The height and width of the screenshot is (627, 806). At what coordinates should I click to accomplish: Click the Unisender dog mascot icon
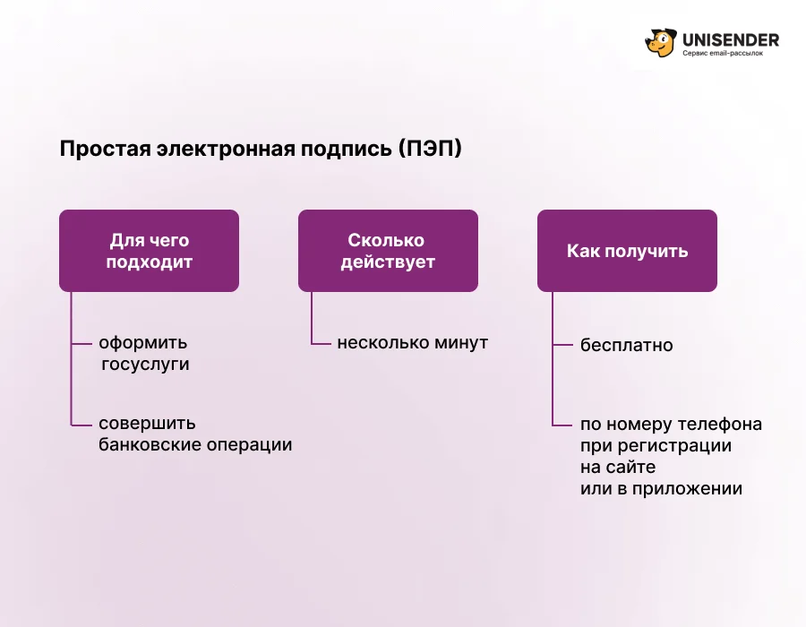click(661, 43)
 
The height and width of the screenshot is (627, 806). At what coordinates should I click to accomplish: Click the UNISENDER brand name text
click(731, 39)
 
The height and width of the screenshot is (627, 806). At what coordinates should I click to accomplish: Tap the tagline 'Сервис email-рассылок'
click(723, 53)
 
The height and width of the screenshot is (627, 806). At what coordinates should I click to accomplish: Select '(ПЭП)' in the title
click(430, 149)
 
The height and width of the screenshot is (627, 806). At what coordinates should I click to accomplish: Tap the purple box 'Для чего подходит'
click(149, 251)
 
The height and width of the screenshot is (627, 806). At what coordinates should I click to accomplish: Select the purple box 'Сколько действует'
click(388, 251)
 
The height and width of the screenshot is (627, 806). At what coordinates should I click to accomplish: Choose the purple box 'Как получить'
click(627, 251)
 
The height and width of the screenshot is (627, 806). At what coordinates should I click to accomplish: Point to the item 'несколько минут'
click(412, 343)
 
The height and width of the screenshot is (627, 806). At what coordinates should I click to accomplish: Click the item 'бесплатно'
click(626, 345)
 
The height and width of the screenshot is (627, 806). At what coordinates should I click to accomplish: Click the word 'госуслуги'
click(145, 365)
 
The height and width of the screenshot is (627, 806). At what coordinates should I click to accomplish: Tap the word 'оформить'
click(143, 343)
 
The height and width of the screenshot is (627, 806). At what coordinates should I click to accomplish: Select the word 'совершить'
click(147, 424)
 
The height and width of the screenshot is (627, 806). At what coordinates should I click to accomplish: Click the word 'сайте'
click(631, 468)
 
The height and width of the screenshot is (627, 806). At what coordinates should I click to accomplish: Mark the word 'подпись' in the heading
click(346, 149)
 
